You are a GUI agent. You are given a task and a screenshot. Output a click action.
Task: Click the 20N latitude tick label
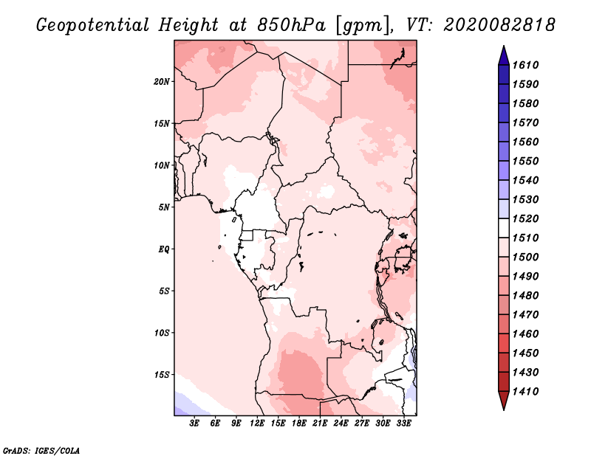[163, 81]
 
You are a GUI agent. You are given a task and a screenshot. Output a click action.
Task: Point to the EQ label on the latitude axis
[165, 249]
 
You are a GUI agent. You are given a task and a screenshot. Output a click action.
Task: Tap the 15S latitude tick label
[163, 374]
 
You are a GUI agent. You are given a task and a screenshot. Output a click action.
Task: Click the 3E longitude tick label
[195, 423]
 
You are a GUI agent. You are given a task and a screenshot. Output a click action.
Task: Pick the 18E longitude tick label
[299, 423]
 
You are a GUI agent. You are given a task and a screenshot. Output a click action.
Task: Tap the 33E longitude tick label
[403, 423]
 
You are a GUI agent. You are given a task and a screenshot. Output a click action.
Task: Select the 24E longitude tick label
[341, 423]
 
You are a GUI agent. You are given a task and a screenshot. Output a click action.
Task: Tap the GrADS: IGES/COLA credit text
[41, 449]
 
